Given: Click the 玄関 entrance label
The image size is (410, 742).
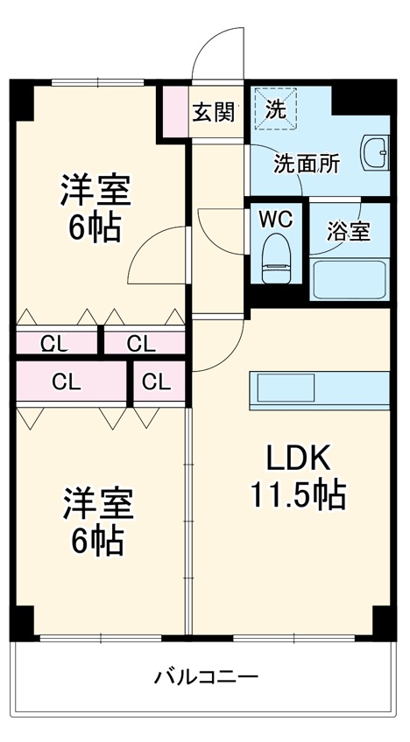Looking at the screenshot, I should pyautogui.click(x=214, y=111).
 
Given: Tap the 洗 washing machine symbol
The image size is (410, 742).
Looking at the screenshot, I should pyautogui.click(x=275, y=109).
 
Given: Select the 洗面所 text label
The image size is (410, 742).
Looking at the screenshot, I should pyautogui.click(x=307, y=163).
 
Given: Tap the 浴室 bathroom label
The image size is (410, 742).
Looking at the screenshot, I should pyautogui.click(x=348, y=231).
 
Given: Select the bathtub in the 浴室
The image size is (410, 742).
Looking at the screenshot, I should pyautogui.click(x=350, y=278).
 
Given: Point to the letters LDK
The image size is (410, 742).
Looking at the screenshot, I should pyautogui.click(x=298, y=458).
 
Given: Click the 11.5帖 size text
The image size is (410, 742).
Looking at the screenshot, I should pyautogui.click(x=298, y=496).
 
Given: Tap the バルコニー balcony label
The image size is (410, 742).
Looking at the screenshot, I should pyautogui.click(x=206, y=676).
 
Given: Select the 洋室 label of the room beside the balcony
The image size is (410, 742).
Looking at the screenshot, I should pyautogui.click(x=97, y=505).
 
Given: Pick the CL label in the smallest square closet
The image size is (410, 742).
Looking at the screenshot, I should pyautogui.click(x=156, y=381).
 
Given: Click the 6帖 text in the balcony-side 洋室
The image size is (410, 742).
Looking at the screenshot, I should pyautogui.click(x=95, y=542).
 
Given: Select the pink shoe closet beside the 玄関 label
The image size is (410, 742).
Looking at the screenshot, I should pyautogui.click(x=173, y=111).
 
